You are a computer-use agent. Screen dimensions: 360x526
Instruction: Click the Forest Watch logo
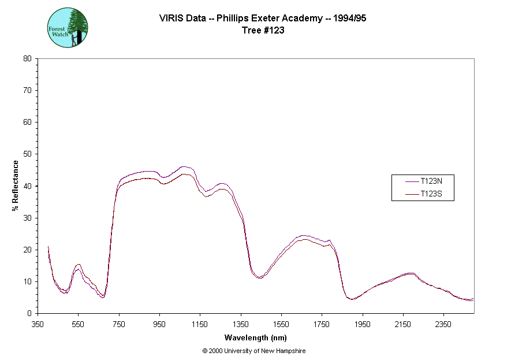click(67, 27)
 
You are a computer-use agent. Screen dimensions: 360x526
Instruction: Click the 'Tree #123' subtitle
click(262, 31)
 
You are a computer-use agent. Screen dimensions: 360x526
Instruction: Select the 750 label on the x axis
click(119, 324)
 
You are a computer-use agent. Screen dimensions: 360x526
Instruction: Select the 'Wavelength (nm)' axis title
click(256, 337)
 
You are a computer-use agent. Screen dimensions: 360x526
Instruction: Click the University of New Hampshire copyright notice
click(254, 351)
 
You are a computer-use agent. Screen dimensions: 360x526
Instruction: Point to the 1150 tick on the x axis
click(200, 324)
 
